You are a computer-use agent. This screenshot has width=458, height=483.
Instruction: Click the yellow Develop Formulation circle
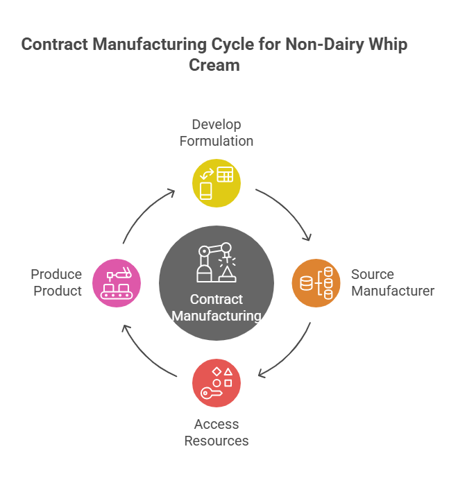click(x=217, y=183)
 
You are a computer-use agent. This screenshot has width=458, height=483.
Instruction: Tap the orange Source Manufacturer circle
click(x=316, y=283)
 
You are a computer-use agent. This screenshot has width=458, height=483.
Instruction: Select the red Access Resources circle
click(x=217, y=383)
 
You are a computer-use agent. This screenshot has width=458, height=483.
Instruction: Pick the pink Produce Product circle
click(x=117, y=283)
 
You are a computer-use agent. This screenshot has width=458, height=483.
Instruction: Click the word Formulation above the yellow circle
click(x=217, y=141)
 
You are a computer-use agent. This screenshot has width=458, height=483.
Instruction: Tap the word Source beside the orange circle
click(x=372, y=274)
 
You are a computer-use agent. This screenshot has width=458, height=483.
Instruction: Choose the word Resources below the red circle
click(x=217, y=441)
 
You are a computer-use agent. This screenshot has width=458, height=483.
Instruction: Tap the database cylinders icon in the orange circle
click(x=316, y=283)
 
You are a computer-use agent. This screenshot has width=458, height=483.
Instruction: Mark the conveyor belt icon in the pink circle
click(x=117, y=291)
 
